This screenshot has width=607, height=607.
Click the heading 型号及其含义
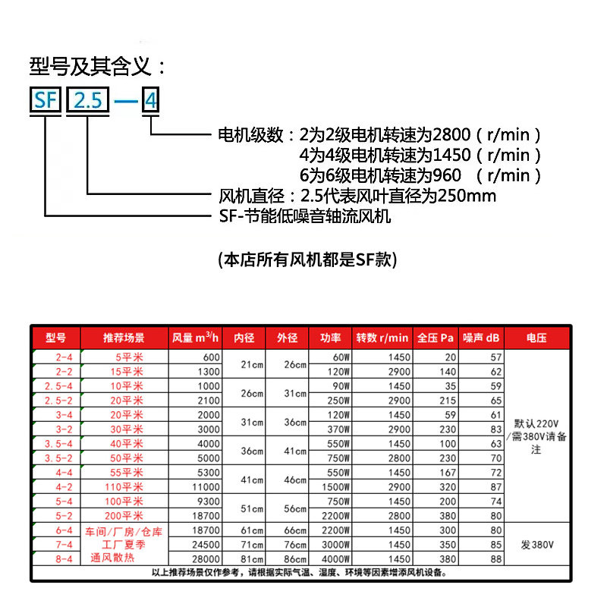[x=97, y=66]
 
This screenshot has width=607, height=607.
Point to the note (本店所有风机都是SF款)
[x=307, y=259]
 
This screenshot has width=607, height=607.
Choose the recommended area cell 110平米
[x=124, y=486]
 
